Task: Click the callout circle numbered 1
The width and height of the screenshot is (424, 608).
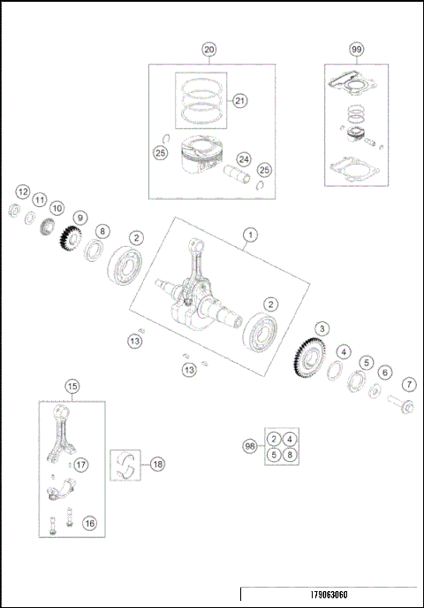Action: pos(250,235)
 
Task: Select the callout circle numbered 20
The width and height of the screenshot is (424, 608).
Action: pos(209,50)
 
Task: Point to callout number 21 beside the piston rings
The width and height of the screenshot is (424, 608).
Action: pos(240,101)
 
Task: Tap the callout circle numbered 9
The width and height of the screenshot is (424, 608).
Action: pos(80,218)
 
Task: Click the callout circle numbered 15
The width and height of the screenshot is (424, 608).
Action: pos(72,385)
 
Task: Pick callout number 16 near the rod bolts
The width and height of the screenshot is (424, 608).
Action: pos(89,523)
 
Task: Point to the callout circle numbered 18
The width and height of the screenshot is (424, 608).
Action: pos(157,464)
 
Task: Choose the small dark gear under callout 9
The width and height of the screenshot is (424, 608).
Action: pos(70,240)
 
